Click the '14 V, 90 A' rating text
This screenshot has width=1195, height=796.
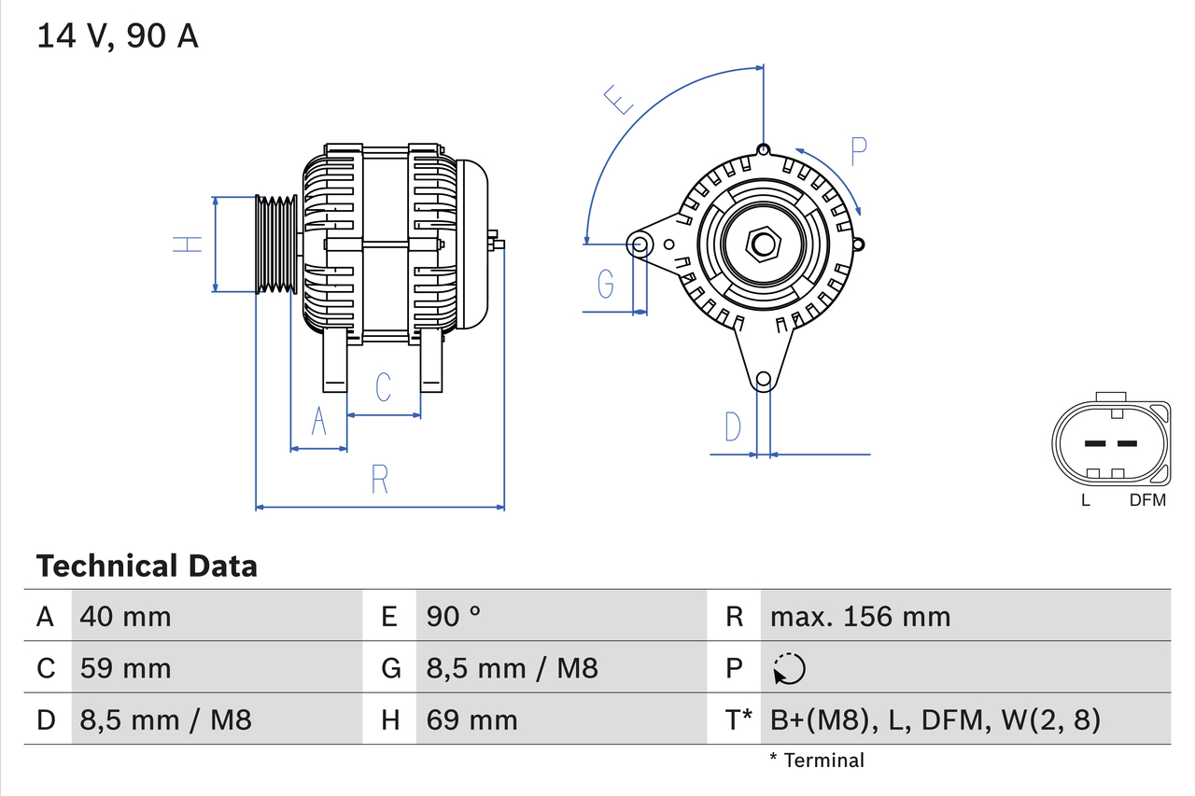[x=118, y=35]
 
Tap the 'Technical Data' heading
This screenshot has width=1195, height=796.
[x=147, y=566]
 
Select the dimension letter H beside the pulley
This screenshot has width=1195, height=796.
[x=188, y=244]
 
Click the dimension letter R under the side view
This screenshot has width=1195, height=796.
[x=379, y=479]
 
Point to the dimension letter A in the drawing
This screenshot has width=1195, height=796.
[x=318, y=422]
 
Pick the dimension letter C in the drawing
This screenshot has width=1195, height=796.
[x=383, y=386]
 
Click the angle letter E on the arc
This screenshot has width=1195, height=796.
[x=619, y=99]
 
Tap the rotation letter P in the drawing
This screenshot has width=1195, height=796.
[x=859, y=150]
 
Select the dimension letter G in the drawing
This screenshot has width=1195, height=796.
[x=606, y=283]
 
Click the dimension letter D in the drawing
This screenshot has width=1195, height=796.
[x=733, y=426]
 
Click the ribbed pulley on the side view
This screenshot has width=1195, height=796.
[x=276, y=244]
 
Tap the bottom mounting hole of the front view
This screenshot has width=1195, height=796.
[x=764, y=379]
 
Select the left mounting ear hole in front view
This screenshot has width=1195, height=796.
[x=640, y=244]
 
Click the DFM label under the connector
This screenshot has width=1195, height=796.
[x=1147, y=500]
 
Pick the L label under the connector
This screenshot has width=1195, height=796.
[x=1085, y=500]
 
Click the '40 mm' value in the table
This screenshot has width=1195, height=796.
[x=126, y=616]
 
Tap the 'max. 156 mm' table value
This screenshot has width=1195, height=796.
[x=860, y=616]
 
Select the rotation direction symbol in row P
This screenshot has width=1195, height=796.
[x=789, y=668]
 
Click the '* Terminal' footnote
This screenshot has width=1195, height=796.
[x=817, y=761]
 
